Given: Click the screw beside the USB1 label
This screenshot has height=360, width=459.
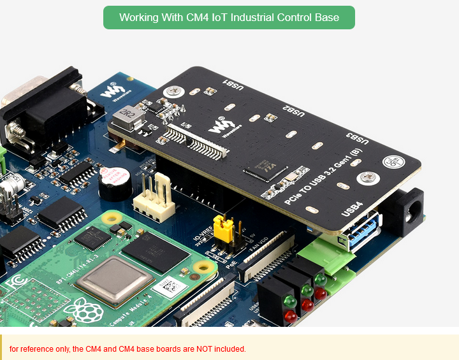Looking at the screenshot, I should point(172,92).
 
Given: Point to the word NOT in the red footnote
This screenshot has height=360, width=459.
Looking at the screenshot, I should point(196,349).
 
